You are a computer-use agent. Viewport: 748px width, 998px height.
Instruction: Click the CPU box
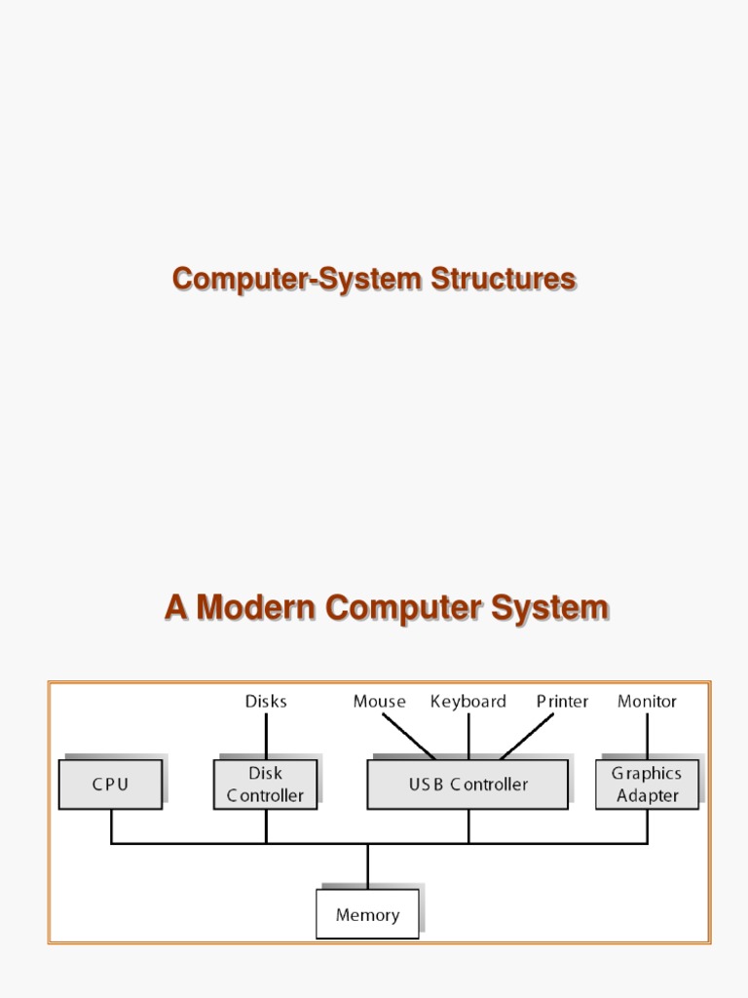click(x=110, y=785)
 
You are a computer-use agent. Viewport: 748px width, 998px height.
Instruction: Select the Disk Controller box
click(x=265, y=785)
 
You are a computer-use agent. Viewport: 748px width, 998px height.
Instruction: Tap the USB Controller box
click(x=467, y=785)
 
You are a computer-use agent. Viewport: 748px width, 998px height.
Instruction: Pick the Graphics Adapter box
click(x=647, y=785)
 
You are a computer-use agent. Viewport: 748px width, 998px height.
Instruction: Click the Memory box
click(x=367, y=914)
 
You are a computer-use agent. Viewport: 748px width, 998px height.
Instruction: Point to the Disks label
click(x=266, y=701)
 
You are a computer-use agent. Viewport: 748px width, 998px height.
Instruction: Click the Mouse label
click(x=379, y=701)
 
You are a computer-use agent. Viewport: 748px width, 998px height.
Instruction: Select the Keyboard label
click(x=468, y=701)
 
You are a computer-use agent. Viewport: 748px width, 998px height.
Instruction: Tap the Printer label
click(x=562, y=701)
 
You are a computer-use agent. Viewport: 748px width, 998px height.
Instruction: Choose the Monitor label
click(x=647, y=701)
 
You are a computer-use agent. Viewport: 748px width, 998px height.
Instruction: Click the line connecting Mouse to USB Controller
click(x=409, y=736)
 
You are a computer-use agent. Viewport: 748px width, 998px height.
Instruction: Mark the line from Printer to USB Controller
click(x=527, y=736)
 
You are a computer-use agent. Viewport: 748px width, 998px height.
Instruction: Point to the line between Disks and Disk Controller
click(x=266, y=736)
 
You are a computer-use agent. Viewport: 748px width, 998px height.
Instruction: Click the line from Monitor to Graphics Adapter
click(x=647, y=736)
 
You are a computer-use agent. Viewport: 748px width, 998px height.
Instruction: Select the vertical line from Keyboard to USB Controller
click(x=468, y=736)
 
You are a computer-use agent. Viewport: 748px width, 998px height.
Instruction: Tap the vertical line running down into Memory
click(x=367, y=866)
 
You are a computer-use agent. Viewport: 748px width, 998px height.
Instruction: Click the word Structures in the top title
click(x=504, y=279)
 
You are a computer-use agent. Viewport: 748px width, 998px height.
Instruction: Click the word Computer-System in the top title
click(x=298, y=279)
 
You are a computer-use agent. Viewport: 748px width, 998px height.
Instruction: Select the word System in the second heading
click(x=550, y=607)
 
